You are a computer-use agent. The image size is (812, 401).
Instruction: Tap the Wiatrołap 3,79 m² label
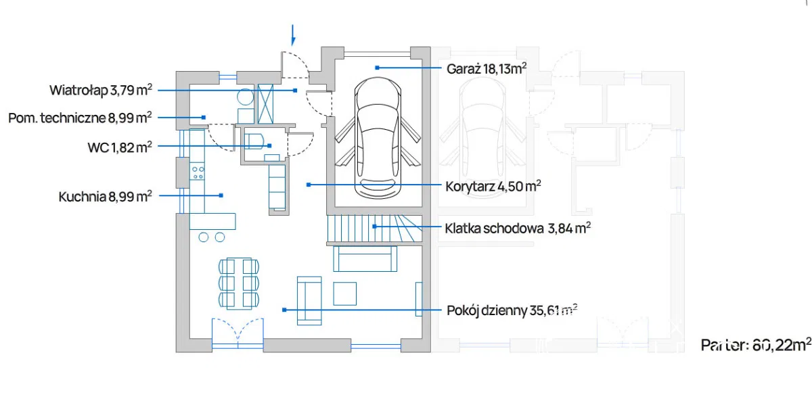coord(101,90)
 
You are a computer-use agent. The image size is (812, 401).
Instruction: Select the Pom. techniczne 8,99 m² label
coord(80,118)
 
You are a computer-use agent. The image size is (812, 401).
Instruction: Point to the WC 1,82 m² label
coord(119,146)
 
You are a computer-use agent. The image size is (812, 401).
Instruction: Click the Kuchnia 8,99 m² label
coord(105,196)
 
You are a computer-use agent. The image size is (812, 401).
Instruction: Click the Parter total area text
coord(755,344)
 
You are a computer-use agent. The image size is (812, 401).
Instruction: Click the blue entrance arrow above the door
coord(293,34)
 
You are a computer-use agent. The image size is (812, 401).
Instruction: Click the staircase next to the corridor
coord(374,229)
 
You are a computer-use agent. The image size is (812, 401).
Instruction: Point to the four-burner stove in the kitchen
coord(198,172)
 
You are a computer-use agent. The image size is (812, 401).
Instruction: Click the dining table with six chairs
coord(239,281)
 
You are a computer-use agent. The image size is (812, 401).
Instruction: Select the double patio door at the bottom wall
coord(237,334)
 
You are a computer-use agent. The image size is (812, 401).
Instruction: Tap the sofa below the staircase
coord(363,258)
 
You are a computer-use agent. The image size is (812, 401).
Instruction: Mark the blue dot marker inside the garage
coord(378,68)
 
